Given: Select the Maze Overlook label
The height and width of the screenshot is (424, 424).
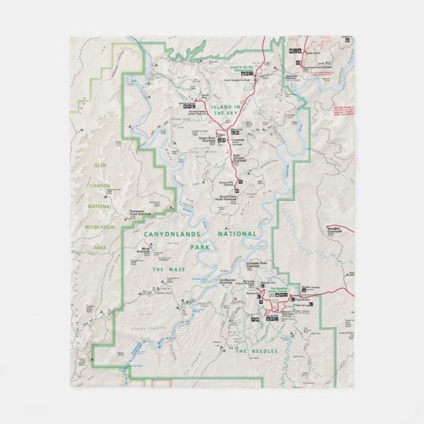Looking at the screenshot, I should pyautogui.click(x=144, y=250).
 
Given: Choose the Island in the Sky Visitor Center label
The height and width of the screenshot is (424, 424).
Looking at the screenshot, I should pyautogui.click(x=244, y=68).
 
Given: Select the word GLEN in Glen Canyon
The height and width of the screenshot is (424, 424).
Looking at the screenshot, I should pyautogui.click(x=101, y=184).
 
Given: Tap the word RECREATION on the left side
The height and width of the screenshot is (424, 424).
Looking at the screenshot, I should pyautogui.click(x=99, y=226).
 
